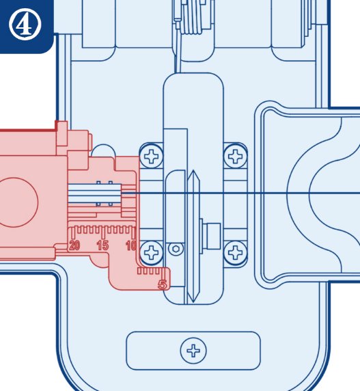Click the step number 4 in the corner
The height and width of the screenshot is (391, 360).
tap(25, 25)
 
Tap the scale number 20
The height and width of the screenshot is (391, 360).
tap(74, 245)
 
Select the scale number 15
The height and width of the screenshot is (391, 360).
tap(102, 245)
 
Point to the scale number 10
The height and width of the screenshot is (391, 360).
tap(131, 245)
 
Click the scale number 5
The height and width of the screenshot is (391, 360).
tap(163, 284)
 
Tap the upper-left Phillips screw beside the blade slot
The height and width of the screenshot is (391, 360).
tap(151, 157)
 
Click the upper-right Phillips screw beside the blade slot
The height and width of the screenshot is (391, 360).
tap(235, 157)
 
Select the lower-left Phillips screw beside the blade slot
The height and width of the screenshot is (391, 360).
tap(151, 252)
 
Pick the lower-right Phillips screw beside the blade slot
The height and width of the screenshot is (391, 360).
tap(235, 252)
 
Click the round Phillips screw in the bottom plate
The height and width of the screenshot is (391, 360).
tap(193, 351)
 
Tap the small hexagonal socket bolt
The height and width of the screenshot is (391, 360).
tap(176, 249)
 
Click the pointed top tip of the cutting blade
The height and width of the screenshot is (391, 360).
tap(193, 171)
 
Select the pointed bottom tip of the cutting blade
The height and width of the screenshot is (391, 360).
tap(193, 302)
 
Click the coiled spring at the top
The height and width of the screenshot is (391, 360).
tap(192, 17)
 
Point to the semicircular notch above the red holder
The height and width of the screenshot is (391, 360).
tap(103, 150)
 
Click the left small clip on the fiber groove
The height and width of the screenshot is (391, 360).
tap(98, 193)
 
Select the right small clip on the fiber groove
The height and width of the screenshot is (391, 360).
tap(111, 193)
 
